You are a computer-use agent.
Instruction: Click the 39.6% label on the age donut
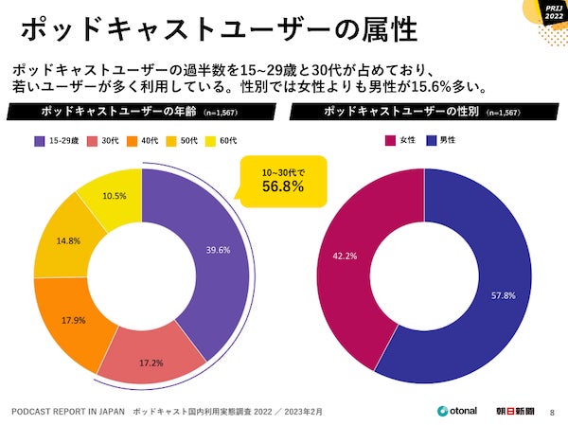[217, 250]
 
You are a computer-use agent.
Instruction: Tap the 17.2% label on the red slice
[150, 362]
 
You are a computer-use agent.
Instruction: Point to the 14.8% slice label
[67, 241]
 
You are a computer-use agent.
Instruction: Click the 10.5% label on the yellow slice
[115, 195]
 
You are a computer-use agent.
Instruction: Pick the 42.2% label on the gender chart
[346, 256]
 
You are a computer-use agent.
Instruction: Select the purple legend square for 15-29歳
[40, 141]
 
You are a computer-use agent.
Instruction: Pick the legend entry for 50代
[193, 141]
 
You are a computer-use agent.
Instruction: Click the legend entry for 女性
[400, 141]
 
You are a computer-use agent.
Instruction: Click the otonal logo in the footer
[455, 412]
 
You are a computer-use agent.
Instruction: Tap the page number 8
[553, 412]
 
